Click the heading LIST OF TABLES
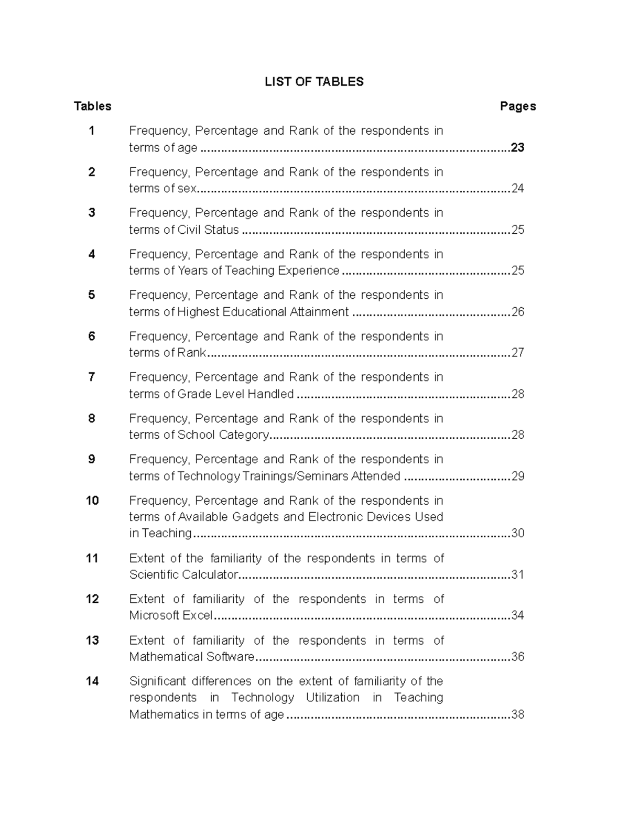point(314,82)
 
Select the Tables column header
point(93,106)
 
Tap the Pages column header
point(517,106)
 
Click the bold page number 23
point(517,148)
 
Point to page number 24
point(517,189)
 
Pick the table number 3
point(92,213)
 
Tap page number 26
point(517,312)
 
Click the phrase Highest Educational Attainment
point(263,312)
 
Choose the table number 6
point(92,337)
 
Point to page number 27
point(517,353)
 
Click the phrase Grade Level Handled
point(235,394)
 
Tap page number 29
point(517,476)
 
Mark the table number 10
point(92,501)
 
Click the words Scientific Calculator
point(183,574)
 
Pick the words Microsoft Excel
point(171,615)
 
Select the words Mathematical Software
point(191,657)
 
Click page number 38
point(517,714)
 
